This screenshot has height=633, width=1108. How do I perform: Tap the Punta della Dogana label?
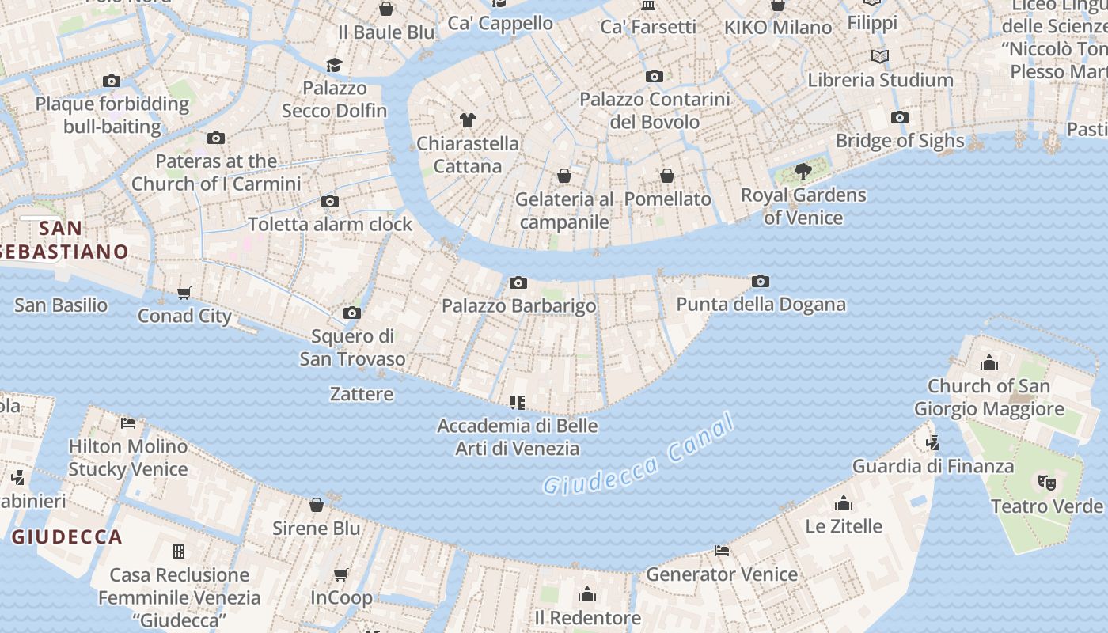click(761, 305)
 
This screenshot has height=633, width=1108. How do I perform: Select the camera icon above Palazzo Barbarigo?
click(518, 282)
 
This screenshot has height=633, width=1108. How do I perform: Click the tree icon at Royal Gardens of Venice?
click(803, 171)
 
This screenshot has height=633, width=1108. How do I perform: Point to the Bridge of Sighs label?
click(900, 141)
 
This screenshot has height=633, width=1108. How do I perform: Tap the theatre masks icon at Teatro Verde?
click(1046, 481)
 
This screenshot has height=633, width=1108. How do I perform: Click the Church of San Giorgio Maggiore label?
click(988, 397)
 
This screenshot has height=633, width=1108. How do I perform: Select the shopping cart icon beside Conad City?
click(184, 294)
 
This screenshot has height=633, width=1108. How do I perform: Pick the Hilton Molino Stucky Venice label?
click(128, 457)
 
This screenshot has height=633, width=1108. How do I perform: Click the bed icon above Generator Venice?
click(722, 550)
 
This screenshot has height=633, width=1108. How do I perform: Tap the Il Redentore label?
click(587, 617)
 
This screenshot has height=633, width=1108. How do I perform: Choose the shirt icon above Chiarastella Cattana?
click(468, 120)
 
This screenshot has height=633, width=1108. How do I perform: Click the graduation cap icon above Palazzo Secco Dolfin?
click(335, 65)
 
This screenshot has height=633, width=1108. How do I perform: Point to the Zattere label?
click(362, 393)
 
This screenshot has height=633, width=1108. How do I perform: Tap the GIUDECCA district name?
click(67, 537)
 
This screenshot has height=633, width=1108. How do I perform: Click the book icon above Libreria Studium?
click(880, 57)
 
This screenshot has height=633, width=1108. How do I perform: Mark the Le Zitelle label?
click(844, 526)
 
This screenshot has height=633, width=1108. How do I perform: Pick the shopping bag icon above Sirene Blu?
click(317, 505)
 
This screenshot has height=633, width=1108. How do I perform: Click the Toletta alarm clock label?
click(330, 224)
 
